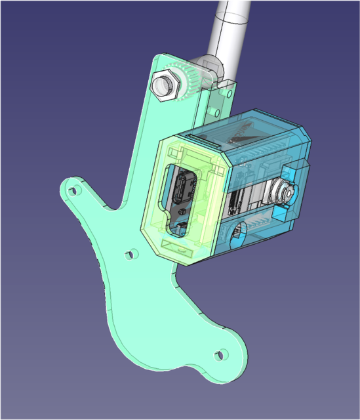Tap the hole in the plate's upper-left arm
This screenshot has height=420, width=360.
tap(74, 191)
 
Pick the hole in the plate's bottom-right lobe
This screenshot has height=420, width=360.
tap(220, 354)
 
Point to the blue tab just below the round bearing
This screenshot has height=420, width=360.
tap(283, 213)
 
